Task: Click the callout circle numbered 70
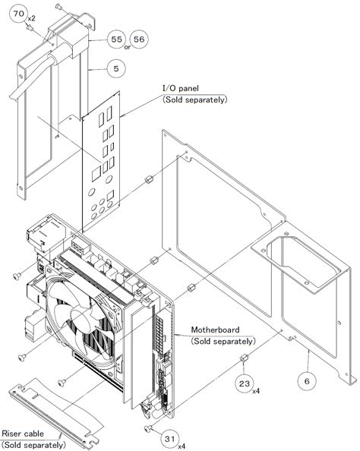(19, 14)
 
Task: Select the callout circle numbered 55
(116, 39)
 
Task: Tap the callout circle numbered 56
(139, 39)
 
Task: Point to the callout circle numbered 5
(116, 68)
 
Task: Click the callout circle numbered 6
(307, 381)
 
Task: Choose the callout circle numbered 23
(245, 383)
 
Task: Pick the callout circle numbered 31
(169, 439)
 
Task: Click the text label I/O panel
(181, 88)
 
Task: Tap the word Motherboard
(215, 330)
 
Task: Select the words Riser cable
(23, 434)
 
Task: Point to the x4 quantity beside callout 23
(256, 391)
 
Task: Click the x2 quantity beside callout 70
(31, 18)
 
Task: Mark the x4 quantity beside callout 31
(182, 446)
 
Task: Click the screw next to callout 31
(147, 429)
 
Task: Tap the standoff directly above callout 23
(244, 358)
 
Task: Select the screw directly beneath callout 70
(30, 27)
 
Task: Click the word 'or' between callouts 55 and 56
(128, 47)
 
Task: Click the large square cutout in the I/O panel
(96, 175)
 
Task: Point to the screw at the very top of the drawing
(58, 6)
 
